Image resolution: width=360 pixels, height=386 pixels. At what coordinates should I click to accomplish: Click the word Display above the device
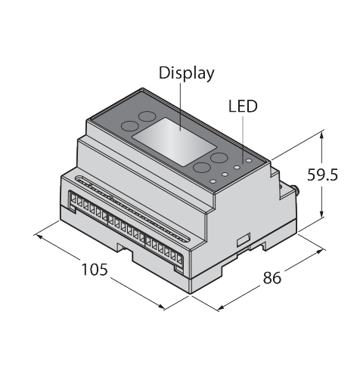pos(186,73)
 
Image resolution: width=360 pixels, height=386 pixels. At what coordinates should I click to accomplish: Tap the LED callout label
pos(243,106)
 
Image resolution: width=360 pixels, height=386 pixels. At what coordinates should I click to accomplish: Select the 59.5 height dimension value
pos(322,174)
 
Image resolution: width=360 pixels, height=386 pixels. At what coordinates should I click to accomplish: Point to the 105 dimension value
pos(95,269)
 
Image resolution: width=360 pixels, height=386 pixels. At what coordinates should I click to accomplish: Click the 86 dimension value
pos(272,278)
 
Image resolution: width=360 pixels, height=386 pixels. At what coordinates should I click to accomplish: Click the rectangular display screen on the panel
pos(174,142)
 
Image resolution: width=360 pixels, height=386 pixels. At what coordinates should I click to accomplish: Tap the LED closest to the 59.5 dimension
pos(249,160)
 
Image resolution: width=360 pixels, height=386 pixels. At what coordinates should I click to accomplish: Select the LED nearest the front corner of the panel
pos(213,181)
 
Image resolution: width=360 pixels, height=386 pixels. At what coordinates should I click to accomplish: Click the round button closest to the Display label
pos(147,116)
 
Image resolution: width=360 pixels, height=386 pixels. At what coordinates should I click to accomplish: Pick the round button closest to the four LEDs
pos(219,158)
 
